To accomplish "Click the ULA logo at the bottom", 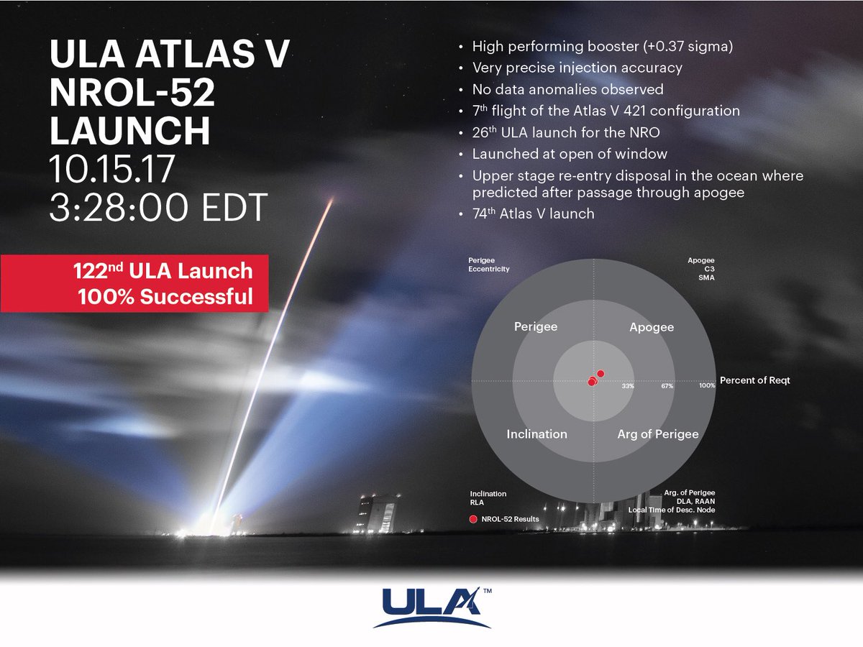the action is pos(431,607).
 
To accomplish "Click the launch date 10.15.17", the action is pos(111,169).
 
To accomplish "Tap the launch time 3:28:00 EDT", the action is pos(158,207).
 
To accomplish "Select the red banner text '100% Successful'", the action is pos(165,297).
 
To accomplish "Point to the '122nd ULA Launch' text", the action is pos(163,271).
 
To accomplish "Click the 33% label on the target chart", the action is pos(628,386).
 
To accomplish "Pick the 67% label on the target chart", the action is pos(667,386).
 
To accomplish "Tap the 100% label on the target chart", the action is pos(707,386).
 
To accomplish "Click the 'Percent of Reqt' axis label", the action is pos(755,380).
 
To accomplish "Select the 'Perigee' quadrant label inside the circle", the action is pos(536,327).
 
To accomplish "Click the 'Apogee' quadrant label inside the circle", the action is pos(652,327).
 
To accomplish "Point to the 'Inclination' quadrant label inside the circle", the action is pos(536,434).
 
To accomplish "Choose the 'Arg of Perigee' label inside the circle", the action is pos(658,434).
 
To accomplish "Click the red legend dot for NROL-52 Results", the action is pos(473,519).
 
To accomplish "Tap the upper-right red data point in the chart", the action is pos(601,374).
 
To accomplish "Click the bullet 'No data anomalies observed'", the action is pos(567,89).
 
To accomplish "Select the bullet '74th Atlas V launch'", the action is pos(533,214).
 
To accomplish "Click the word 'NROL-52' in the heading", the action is pos(132,93).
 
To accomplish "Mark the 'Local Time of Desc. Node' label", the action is pos(672,510).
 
